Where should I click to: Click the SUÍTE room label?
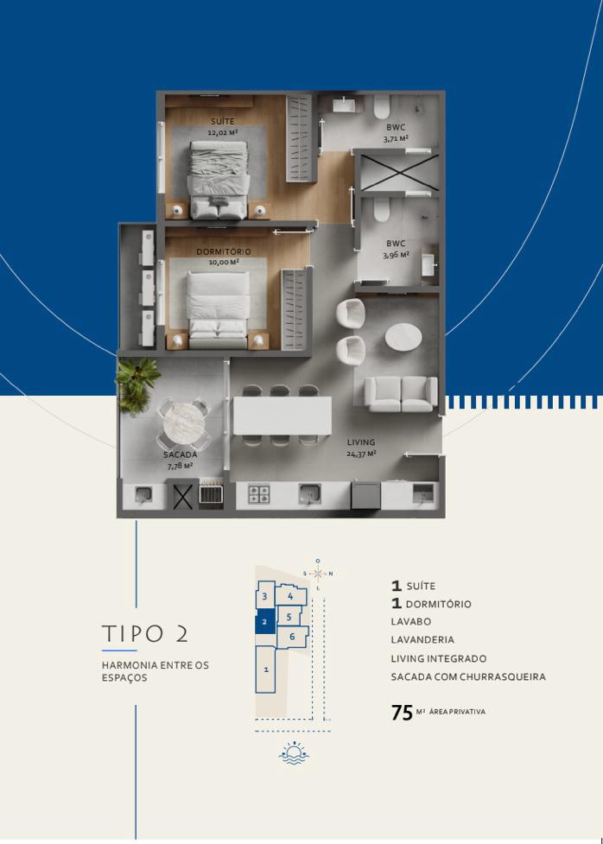coord(222,122)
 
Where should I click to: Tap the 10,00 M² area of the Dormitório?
coord(224,262)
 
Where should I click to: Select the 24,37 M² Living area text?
coord(361,454)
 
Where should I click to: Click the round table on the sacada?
coord(184,423)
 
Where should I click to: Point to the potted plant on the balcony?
coord(136,384)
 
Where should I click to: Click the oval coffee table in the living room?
coord(403,336)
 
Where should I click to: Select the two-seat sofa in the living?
coord(401,394)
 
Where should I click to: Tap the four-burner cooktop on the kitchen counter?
coord(258,495)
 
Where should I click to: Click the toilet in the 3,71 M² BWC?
coord(381,107)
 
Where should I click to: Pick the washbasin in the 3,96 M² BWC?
coord(429,265)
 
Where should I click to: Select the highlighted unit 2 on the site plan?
coord(265,622)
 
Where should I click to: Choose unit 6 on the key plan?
coord(292,637)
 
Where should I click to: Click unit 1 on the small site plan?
coord(265,669)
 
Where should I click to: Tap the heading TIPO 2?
coord(145,633)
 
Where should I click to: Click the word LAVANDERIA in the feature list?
coord(422,639)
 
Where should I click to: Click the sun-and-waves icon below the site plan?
coord(294,753)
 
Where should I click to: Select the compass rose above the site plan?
coord(318,574)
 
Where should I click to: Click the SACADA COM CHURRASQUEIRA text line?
coord(468,676)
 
